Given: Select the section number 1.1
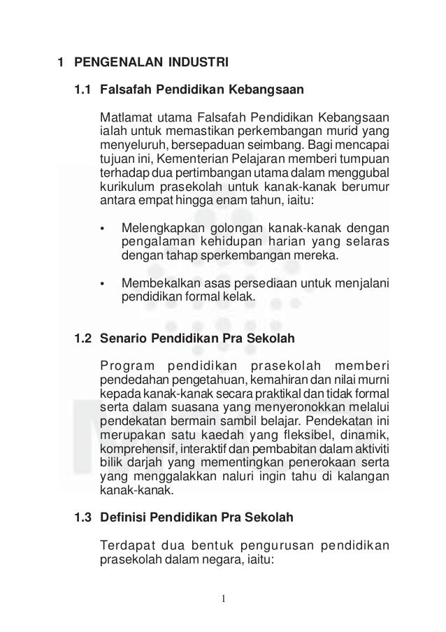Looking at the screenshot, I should coord(82,90).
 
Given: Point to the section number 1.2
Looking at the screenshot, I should coord(82,339).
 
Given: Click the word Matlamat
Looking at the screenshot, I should coord(123,115).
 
